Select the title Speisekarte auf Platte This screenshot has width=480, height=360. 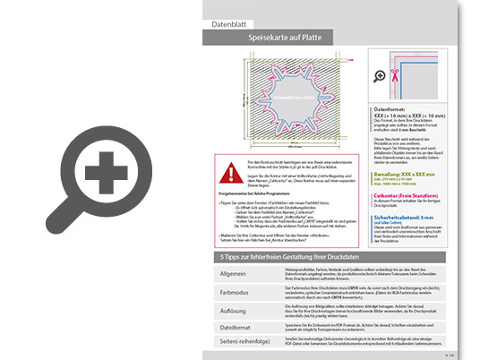(x=285, y=40)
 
